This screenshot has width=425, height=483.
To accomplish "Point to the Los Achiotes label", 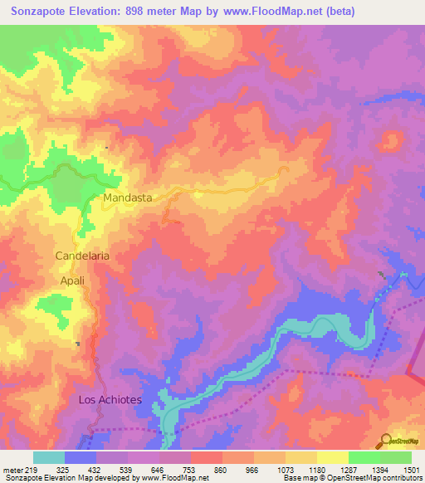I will click(x=110, y=400).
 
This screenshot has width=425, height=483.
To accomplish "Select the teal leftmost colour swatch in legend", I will click(x=49, y=457).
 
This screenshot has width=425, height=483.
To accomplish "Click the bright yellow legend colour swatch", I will click(x=332, y=457).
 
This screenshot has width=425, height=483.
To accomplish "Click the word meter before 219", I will click(x=12, y=469).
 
